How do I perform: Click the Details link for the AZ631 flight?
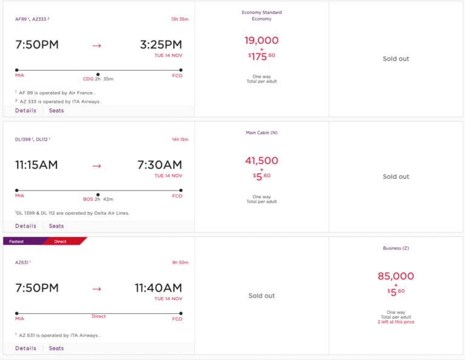coord(25,349)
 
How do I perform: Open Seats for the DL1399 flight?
coord(56,226)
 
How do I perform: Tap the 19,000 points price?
coord(262,41)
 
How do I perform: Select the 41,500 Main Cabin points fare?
coord(262,161)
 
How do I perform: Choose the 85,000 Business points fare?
coord(396,276)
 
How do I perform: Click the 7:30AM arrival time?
coord(160,165)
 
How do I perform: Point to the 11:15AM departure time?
coord(36,165)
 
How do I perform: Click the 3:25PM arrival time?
coord(160,45)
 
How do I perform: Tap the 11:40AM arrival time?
coord(158,288)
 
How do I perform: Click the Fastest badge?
coord(17,241)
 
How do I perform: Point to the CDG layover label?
coord(88,79)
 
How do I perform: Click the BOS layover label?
coord(88,199)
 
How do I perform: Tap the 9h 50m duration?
coord(180,263)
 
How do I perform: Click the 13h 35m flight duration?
coord(180,19)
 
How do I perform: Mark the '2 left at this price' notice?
coord(396,322)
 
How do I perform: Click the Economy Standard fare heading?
coord(262,13)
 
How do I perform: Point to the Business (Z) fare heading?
coord(396,248)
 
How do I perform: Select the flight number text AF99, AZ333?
coord(32,19)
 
